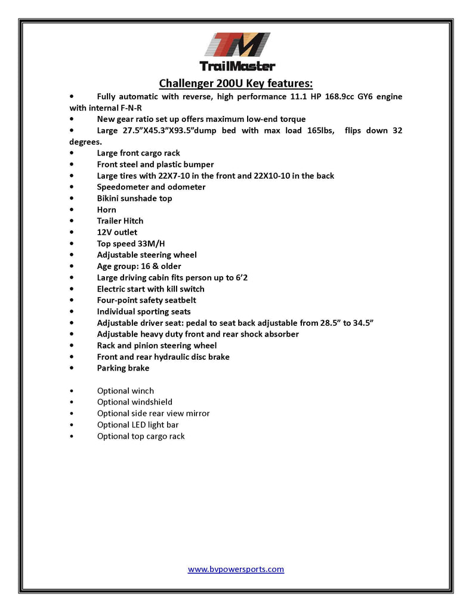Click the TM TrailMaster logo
coord(236,52)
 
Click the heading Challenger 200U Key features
coord(236,82)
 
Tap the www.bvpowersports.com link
coord(236,569)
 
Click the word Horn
coord(106,210)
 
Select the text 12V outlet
coord(117,232)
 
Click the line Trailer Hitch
coord(120,221)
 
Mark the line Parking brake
coord(123,368)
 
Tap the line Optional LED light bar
coord(138,425)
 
